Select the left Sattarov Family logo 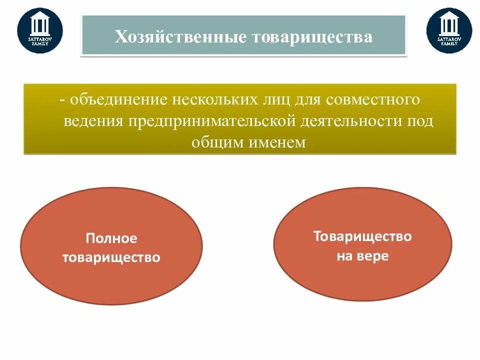40,30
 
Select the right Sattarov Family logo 449,30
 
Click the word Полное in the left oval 111,238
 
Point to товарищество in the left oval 111,257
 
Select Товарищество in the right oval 362,236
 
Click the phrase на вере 362,256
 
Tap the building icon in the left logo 40,23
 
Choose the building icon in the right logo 449,23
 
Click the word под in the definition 420,121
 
